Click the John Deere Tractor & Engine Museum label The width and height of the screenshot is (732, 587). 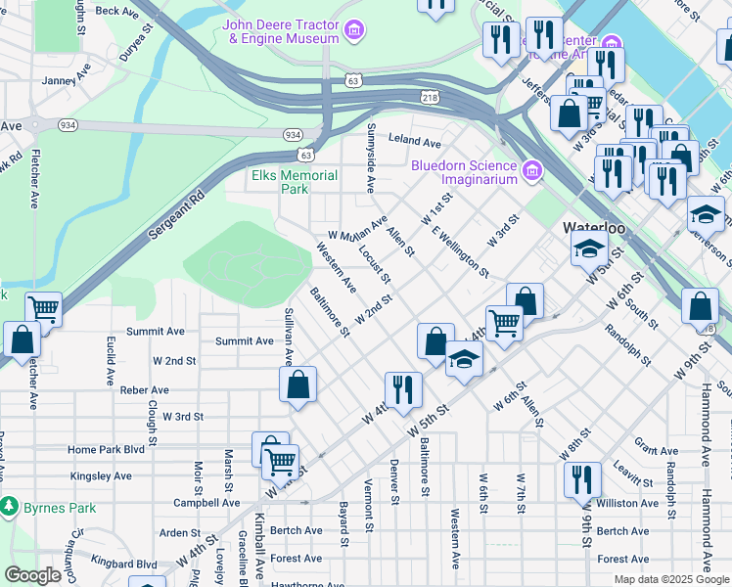click(x=281, y=31)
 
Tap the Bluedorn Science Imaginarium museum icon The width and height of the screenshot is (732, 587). click(x=532, y=171)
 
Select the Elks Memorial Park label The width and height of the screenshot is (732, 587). click(x=295, y=182)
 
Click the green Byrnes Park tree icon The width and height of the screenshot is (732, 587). click(x=10, y=507)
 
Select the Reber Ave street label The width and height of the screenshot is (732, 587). click(x=144, y=389)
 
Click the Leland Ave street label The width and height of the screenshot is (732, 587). click(x=412, y=141)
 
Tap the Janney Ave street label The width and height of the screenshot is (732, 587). click(x=66, y=80)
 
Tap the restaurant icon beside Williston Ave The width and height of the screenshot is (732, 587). click(x=581, y=482)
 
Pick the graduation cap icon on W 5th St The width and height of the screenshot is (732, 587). click(x=465, y=359)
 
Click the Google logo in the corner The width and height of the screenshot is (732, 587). click(x=33, y=575)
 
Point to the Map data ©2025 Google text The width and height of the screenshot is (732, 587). click(x=671, y=579)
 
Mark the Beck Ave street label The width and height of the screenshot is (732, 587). click(x=117, y=11)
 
